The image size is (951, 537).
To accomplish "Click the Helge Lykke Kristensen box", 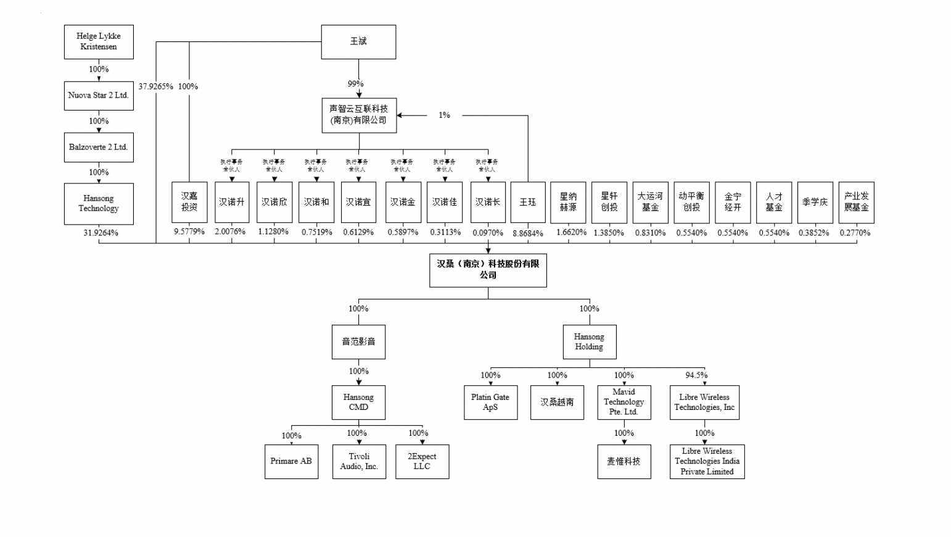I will [x=99, y=42].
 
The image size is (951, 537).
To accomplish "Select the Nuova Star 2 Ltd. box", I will [x=99, y=96].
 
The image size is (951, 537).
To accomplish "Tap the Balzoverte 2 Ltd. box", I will [x=99, y=148].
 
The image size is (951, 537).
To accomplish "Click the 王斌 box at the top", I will [x=358, y=42].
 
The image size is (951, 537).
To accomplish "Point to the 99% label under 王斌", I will [x=356, y=84].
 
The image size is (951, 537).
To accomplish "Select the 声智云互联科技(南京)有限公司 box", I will [x=359, y=115].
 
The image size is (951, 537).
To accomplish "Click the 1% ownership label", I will [x=444, y=115].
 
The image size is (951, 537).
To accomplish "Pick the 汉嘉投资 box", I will [x=189, y=202].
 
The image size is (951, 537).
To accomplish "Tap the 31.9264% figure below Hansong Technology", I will [x=101, y=233].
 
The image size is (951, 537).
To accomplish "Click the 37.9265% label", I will [x=155, y=86].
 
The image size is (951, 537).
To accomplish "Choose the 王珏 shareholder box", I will [x=528, y=202].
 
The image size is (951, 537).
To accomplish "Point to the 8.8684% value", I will [x=528, y=233].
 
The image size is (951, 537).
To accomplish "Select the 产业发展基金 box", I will [x=856, y=202].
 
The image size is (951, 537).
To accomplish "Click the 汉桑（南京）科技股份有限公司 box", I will [x=488, y=270].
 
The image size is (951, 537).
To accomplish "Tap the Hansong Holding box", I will [x=589, y=342].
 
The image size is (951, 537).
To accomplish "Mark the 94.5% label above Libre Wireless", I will [x=696, y=375].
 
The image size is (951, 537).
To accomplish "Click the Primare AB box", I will [x=291, y=462].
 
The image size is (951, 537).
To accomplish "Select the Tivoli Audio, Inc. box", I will [x=359, y=462].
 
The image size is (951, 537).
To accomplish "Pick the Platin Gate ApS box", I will [x=490, y=402].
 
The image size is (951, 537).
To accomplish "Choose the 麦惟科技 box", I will [x=624, y=462].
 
